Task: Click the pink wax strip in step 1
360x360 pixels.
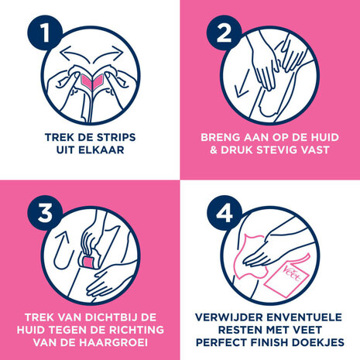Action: point(90,80)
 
